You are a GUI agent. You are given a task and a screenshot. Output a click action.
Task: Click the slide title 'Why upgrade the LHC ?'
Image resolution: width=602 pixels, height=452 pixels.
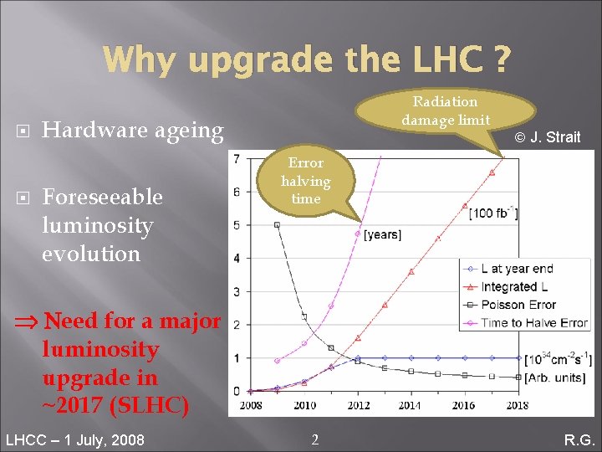(306, 59)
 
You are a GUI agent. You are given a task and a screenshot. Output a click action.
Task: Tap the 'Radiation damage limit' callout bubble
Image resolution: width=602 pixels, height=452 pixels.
(445, 111)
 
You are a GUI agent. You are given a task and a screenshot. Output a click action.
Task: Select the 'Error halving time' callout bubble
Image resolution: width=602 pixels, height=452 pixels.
(305, 181)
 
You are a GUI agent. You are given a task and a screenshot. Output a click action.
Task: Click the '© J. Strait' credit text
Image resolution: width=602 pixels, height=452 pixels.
(547, 137)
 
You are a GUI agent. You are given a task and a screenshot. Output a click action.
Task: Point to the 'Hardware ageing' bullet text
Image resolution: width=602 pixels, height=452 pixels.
(132, 131)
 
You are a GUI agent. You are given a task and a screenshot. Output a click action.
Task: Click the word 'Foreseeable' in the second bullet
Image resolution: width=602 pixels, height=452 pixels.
(102, 197)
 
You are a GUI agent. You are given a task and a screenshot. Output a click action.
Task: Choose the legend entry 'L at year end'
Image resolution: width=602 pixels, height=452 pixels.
(517, 269)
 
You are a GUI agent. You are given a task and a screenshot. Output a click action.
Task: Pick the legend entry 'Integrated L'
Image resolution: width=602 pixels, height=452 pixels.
(513, 287)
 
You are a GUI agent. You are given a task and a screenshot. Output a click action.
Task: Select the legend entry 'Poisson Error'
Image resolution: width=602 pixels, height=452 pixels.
(518, 305)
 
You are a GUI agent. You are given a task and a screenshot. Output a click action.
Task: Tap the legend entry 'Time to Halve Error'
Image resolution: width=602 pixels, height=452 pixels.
(534, 323)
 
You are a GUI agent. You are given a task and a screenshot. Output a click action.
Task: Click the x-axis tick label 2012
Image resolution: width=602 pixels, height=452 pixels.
(357, 406)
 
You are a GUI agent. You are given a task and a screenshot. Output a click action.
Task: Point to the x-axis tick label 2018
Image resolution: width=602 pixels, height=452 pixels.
(517, 406)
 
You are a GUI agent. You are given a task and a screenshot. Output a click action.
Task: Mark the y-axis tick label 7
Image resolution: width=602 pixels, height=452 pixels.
(237, 159)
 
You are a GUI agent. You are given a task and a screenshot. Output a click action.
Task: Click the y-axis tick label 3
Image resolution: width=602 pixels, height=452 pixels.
(237, 291)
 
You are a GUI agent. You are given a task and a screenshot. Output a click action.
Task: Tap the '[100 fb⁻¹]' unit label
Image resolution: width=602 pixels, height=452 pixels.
(492, 213)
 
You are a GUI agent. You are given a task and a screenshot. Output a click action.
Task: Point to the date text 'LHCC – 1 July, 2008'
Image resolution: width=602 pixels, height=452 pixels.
(74, 439)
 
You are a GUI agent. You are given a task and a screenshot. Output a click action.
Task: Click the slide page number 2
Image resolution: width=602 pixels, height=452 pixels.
(314, 439)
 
